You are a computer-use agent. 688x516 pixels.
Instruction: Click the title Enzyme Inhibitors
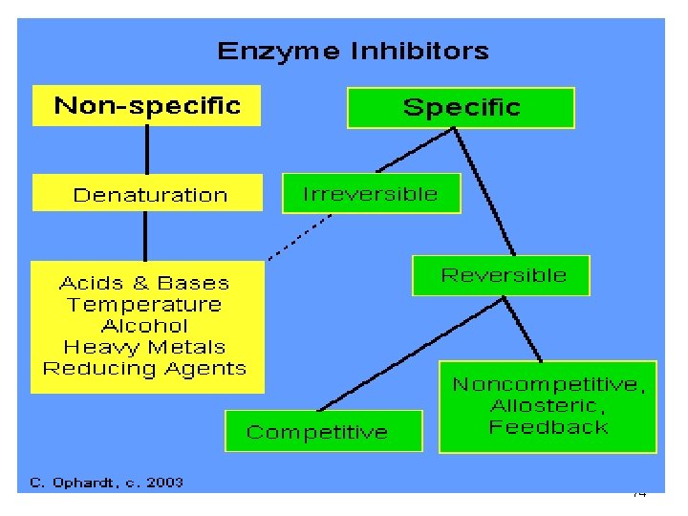(x=353, y=52)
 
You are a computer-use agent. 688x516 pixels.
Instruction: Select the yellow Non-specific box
(x=147, y=105)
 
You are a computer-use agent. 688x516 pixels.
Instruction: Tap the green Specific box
(x=461, y=107)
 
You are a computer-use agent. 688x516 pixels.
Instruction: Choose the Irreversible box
(x=370, y=194)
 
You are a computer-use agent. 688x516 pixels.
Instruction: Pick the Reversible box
(x=503, y=275)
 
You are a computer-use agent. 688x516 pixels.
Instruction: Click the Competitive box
(x=317, y=432)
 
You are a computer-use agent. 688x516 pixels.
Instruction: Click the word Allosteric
(x=548, y=406)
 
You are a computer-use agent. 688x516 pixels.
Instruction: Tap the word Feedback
(x=548, y=427)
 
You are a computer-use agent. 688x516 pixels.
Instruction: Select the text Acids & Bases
(x=144, y=283)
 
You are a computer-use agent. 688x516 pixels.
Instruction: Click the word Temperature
(x=144, y=305)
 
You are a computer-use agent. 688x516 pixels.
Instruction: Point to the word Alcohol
(x=144, y=326)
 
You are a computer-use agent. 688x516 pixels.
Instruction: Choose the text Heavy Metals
(x=144, y=347)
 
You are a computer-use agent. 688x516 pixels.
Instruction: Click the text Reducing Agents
(x=144, y=368)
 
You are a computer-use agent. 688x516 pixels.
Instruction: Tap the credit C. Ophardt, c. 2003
(x=107, y=483)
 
